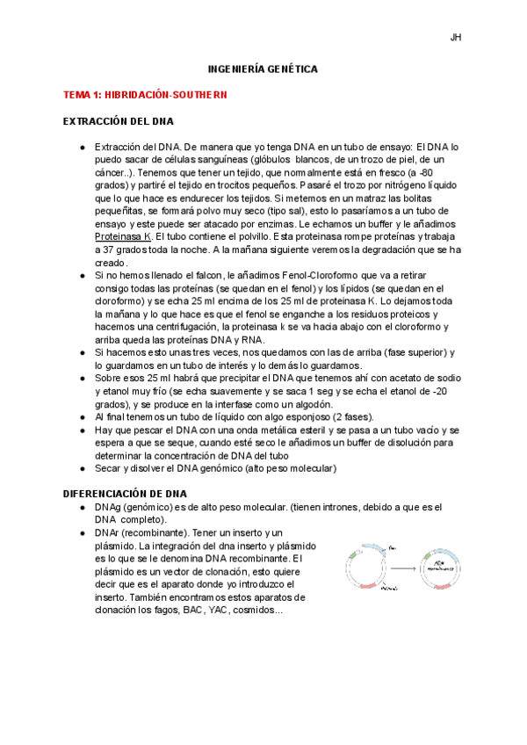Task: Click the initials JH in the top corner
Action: coord(456,38)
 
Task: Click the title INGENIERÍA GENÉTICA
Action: coord(263,68)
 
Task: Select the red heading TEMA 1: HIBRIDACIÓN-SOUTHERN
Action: coord(146,95)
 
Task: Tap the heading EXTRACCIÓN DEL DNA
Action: coord(119,121)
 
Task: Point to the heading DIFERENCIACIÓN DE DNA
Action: coord(126,494)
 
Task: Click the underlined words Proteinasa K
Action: coord(123,236)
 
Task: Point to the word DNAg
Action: coord(110,508)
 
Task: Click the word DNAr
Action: coord(109,533)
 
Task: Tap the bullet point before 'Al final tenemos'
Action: coord(82,416)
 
